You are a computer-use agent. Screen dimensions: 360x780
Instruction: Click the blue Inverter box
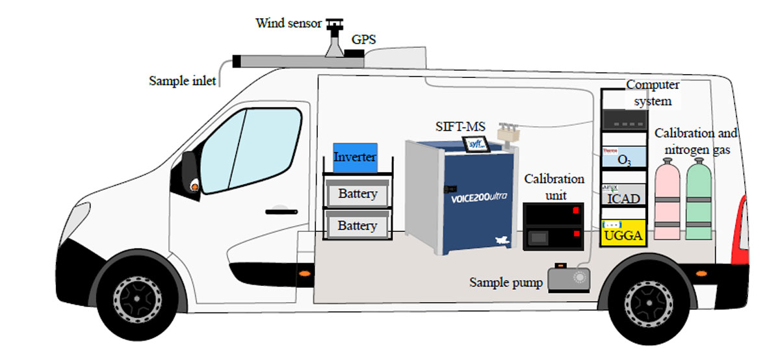(x=355, y=158)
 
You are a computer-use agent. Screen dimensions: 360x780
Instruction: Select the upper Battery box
(x=357, y=194)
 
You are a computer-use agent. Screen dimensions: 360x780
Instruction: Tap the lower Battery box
(x=357, y=225)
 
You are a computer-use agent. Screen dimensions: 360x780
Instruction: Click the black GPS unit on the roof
(x=354, y=53)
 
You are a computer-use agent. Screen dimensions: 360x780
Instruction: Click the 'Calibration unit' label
(x=554, y=186)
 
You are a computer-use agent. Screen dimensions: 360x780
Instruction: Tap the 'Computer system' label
(x=653, y=93)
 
